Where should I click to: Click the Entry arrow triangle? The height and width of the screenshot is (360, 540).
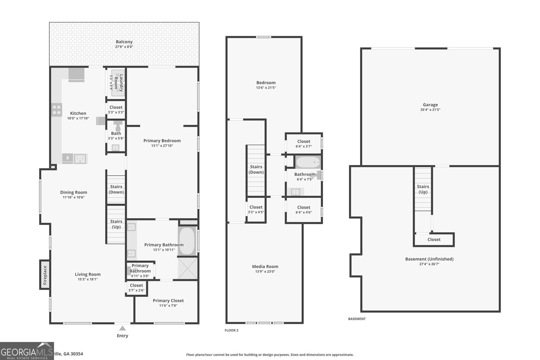(x=123, y=328)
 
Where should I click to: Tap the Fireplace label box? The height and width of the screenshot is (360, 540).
(x=45, y=274)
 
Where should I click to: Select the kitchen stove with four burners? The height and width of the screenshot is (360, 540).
(x=57, y=110)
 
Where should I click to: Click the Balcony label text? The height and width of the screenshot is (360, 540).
(x=124, y=42)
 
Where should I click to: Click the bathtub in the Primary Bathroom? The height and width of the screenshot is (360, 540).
(x=187, y=241)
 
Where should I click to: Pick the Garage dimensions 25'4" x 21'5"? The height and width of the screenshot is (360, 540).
(x=430, y=110)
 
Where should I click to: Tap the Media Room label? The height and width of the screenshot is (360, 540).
(x=265, y=267)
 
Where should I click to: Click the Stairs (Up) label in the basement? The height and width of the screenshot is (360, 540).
(x=423, y=189)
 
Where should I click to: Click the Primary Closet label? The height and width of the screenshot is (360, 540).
(x=168, y=301)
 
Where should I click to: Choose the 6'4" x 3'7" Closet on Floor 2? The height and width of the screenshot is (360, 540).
(x=303, y=144)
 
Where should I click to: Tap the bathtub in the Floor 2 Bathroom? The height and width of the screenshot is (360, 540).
(x=308, y=162)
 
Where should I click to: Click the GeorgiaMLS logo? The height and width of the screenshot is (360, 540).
(x=27, y=351)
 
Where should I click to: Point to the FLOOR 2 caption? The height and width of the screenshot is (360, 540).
(x=232, y=330)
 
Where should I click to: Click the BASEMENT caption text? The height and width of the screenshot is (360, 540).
(x=357, y=319)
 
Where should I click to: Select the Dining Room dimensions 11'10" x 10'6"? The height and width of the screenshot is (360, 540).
(x=74, y=197)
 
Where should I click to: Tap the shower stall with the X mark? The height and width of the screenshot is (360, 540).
(x=188, y=268)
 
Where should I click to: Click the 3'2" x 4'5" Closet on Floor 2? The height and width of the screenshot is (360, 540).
(x=256, y=210)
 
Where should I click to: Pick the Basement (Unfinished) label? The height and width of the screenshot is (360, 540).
(x=429, y=259)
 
